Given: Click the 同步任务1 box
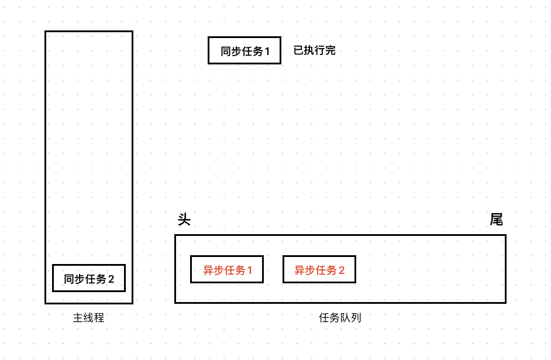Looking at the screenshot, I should point(244,50).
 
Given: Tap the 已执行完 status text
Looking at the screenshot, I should point(315,50).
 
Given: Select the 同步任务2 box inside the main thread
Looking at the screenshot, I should point(89,278).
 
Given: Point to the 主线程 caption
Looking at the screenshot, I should point(89,318).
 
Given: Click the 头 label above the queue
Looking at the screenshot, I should point(184,220).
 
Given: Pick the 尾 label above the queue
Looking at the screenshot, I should point(496,220).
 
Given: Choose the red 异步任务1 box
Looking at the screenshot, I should point(227,269).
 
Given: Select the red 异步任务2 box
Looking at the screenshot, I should point(319,269).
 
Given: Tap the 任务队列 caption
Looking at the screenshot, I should point(340,318).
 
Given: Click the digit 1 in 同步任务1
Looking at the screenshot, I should point(267,52).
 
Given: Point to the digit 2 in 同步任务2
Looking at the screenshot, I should point(112,279).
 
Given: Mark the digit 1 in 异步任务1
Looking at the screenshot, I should point(250,270).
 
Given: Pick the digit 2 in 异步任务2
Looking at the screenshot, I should point(342,270).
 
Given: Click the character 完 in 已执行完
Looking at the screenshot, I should point(330,50).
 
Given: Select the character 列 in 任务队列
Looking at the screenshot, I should point(356,318).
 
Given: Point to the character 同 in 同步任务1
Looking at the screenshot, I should point(226,52).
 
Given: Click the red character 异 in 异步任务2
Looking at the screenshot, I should point(299,270).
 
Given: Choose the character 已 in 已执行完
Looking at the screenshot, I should point(299,50).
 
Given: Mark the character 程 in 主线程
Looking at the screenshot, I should point(99,318).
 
